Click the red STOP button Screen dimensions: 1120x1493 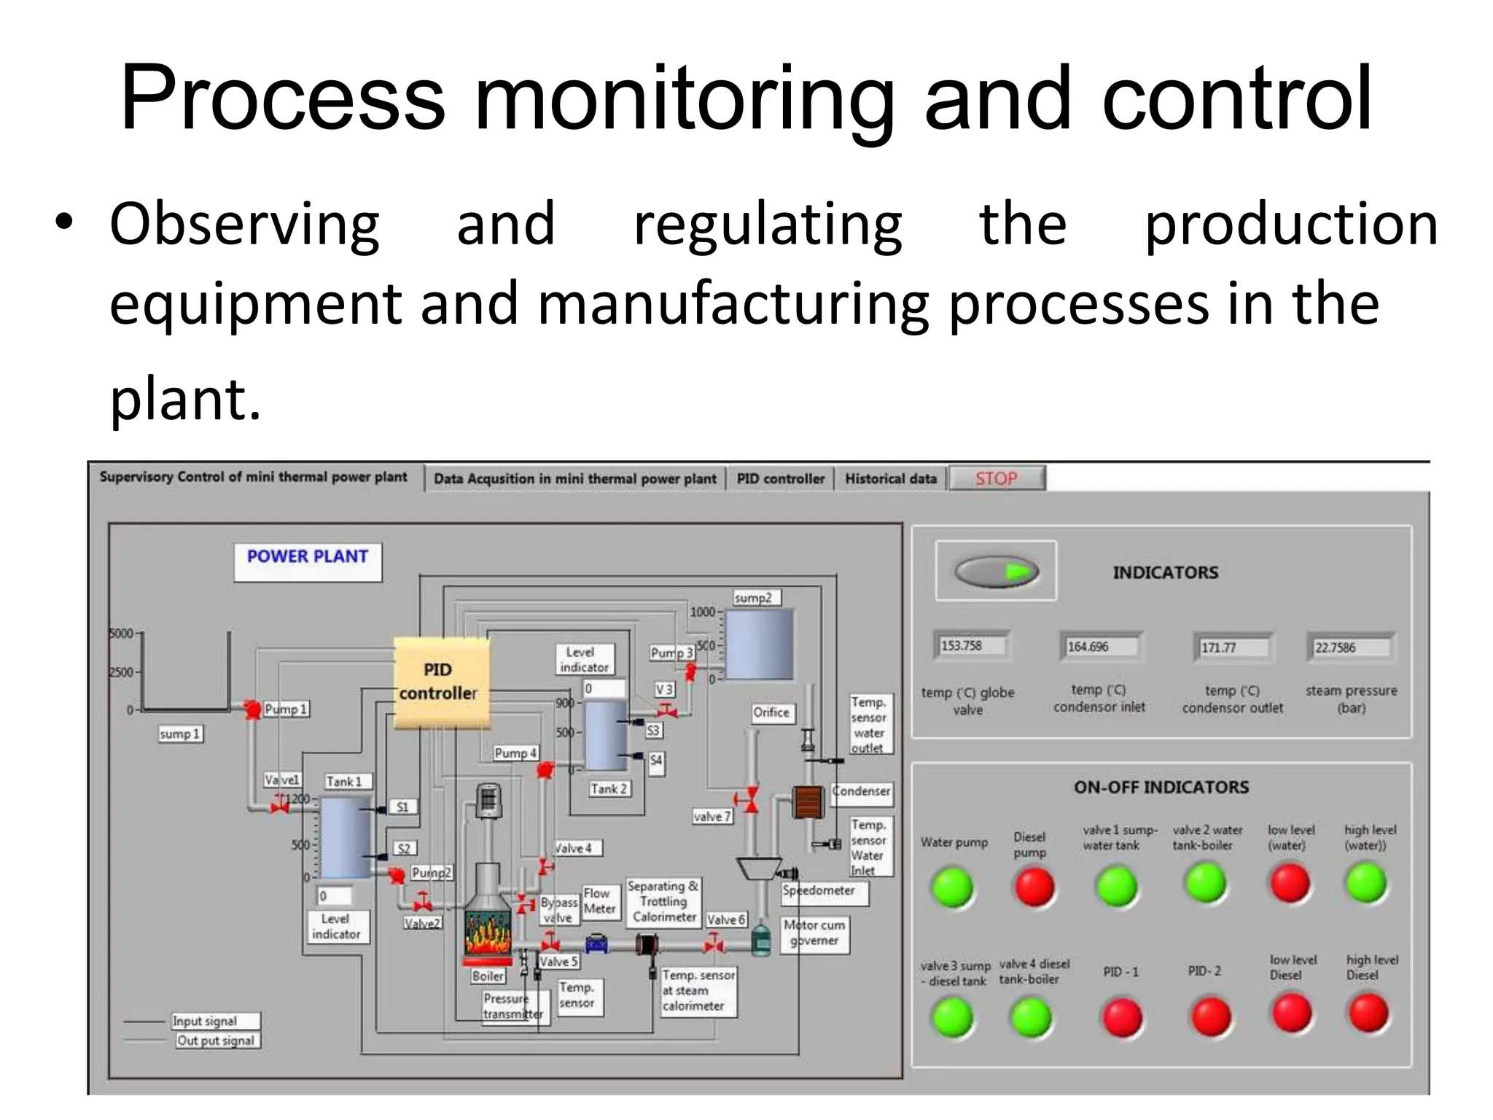pos(997,478)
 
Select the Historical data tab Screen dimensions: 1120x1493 pos(890,479)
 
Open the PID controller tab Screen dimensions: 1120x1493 pos(780,479)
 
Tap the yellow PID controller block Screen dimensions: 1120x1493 pos(441,682)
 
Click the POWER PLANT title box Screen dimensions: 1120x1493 pos(308,561)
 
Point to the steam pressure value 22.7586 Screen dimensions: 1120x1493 pos(1349,647)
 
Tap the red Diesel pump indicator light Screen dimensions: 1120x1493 pos(1034,887)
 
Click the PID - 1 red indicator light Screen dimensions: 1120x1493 pos(1122,1017)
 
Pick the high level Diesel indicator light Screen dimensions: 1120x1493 pos(1368,1013)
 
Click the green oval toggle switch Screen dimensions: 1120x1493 pos(996,572)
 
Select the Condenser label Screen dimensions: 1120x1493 pos(862,791)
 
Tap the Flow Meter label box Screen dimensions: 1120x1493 pos(599,901)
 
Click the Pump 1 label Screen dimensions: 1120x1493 pos(285,709)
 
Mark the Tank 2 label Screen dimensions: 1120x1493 pos(609,789)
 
